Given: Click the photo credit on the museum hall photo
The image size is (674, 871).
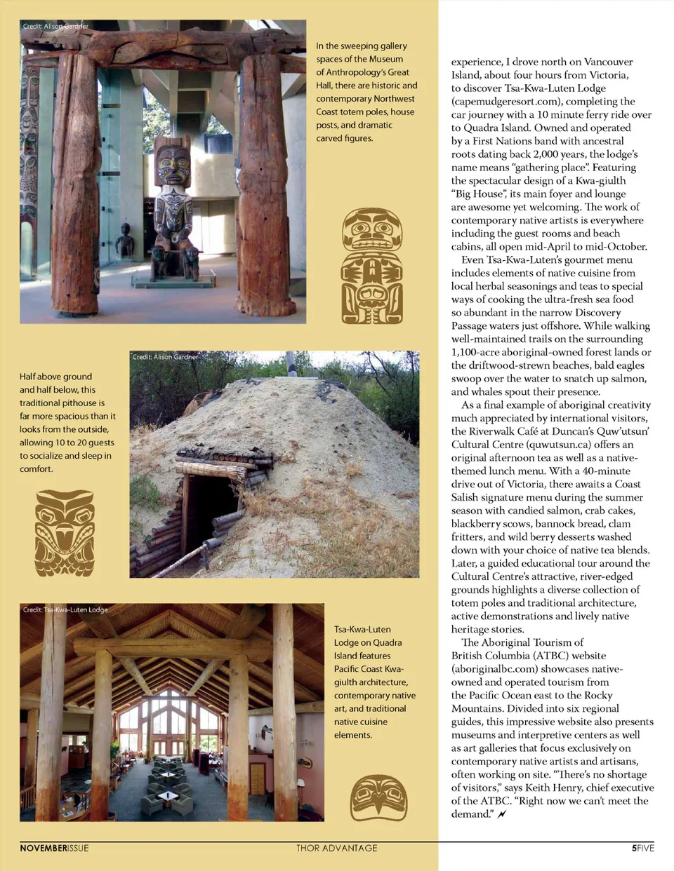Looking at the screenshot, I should coord(55,26).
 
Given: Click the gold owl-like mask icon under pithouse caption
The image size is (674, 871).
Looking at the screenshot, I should coord(65,532).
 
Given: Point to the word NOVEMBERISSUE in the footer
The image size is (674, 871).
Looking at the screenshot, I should coord(54,848).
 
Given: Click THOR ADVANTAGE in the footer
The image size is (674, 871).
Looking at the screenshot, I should coord(336,848).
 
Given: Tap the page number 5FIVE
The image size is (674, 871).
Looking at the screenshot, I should coord(642,848).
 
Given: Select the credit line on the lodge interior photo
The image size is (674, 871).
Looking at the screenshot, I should coord(65,609).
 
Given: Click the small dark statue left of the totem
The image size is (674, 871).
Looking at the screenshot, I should coord(126,241).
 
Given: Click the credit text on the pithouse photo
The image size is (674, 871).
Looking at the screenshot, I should coord(165,357).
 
